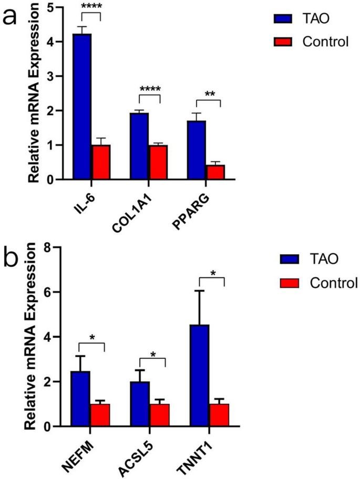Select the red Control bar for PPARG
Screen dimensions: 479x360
[x=215, y=172]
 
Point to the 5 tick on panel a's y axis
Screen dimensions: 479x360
[x=48, y=7]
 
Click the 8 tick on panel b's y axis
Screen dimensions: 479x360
[x=48, y=247]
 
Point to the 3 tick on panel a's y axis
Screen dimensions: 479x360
[x=48, y=76]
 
